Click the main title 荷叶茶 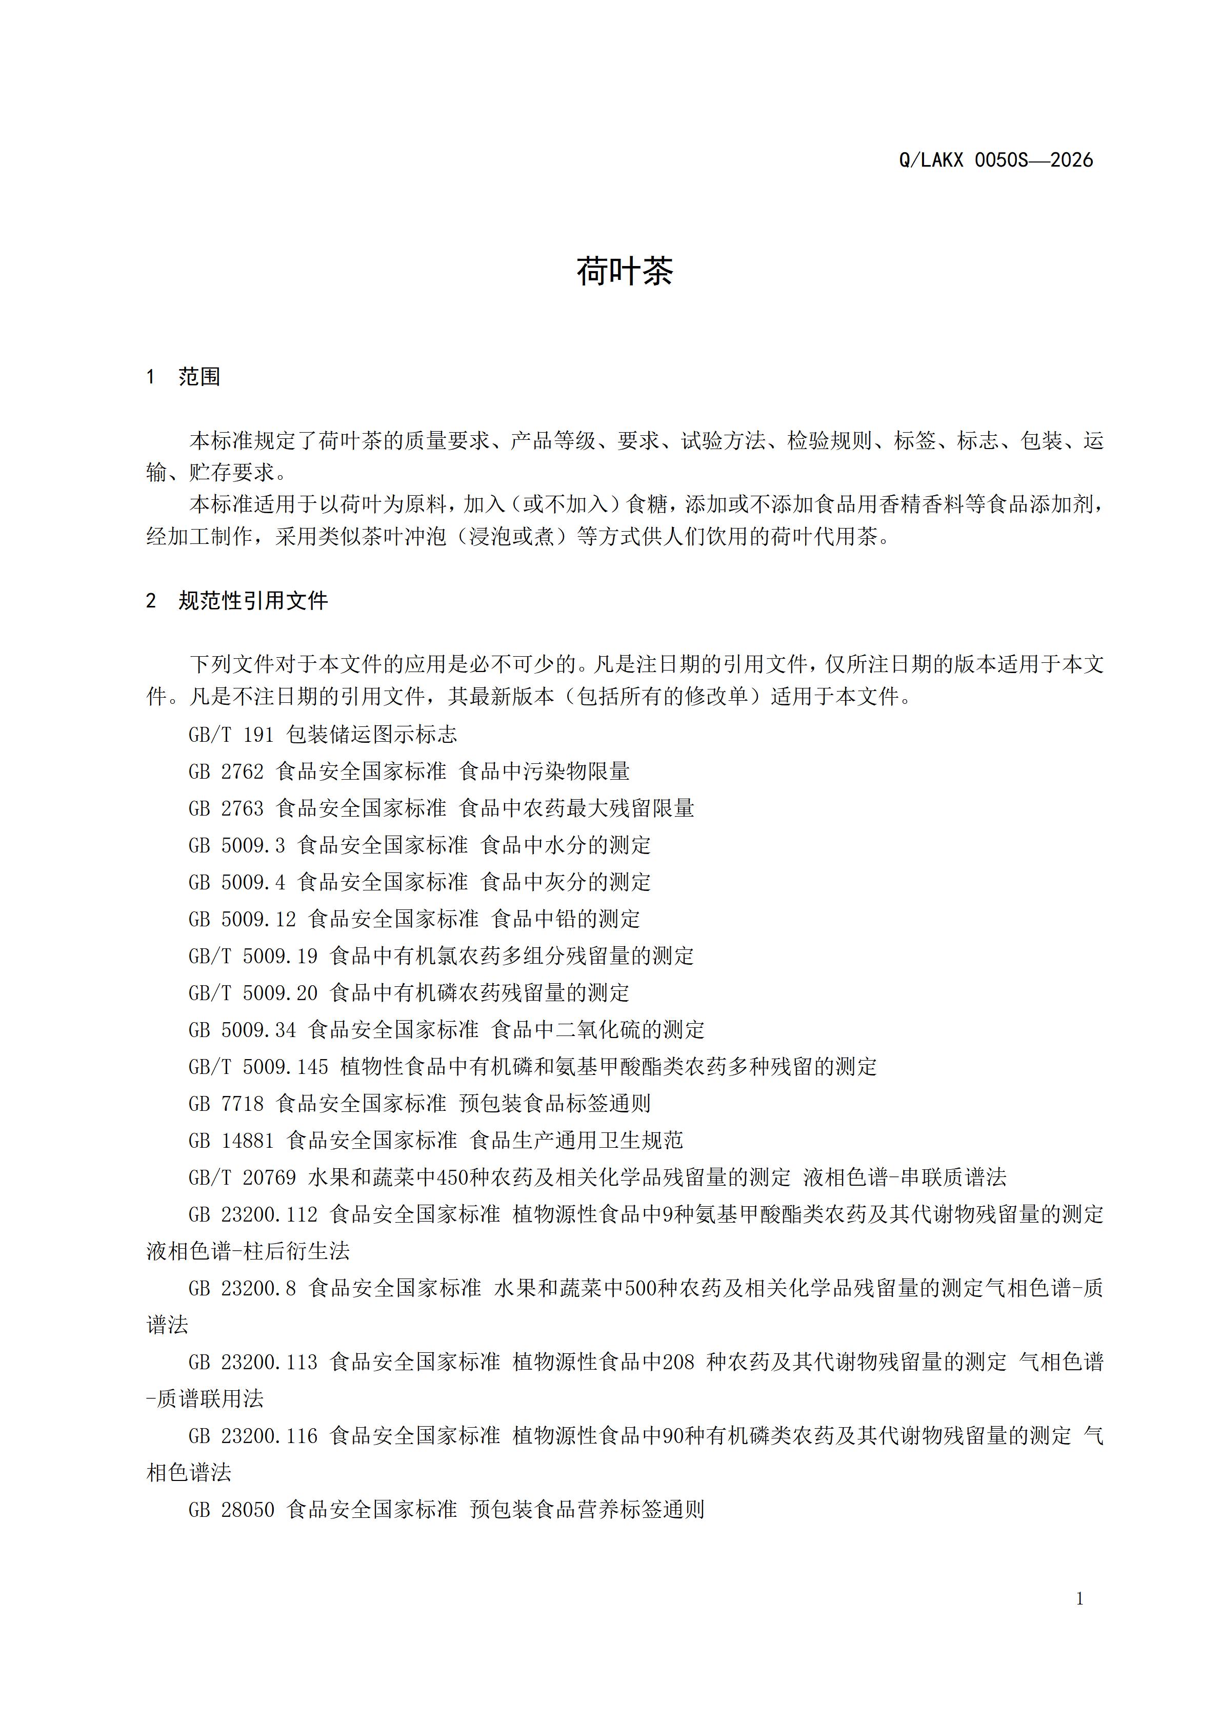624,271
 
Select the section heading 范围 199,377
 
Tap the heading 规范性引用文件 253,601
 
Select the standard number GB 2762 226,771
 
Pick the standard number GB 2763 226,808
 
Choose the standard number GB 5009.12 242,919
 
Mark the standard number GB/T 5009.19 253,956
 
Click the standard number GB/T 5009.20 253,993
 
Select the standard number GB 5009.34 242,1030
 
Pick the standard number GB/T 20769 242,1177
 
